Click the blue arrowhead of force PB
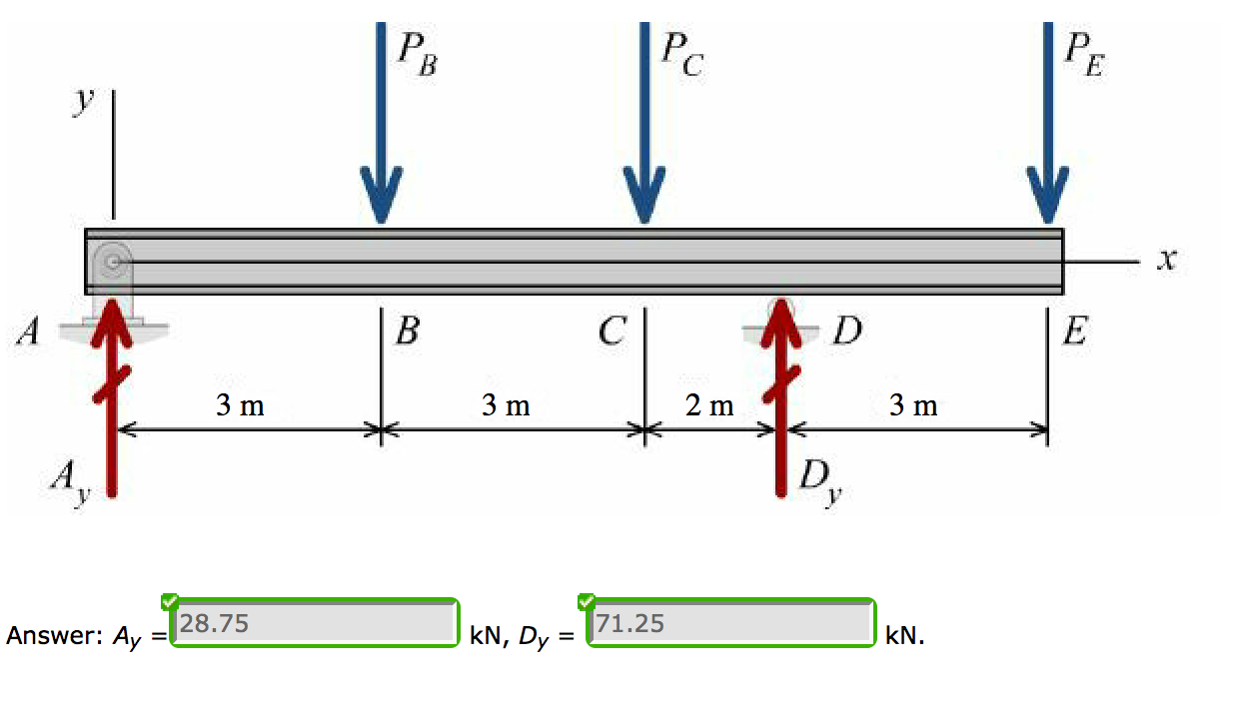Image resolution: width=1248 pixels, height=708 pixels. (380, 196)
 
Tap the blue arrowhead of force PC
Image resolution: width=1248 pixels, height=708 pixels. (644, 196)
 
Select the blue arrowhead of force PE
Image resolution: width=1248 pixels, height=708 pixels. (1047, 196)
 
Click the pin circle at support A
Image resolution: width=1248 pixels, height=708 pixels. (113, 262)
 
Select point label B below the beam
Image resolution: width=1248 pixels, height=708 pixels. (407, 331)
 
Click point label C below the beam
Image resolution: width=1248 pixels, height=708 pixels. (614, 331)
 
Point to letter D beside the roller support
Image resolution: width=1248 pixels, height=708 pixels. (847, 331)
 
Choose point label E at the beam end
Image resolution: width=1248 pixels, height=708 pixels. (1074, 331)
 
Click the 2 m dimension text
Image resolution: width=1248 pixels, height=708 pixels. (709, 405)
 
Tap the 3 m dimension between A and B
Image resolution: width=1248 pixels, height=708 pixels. (241, 405)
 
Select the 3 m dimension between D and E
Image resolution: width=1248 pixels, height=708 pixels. (913, 405)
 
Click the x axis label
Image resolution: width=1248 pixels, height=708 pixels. (1165, 261)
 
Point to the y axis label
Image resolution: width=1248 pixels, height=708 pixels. (87, 99)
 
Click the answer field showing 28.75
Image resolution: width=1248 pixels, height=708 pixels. (314, 624)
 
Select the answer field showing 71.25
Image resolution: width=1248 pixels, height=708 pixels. (730, 624)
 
